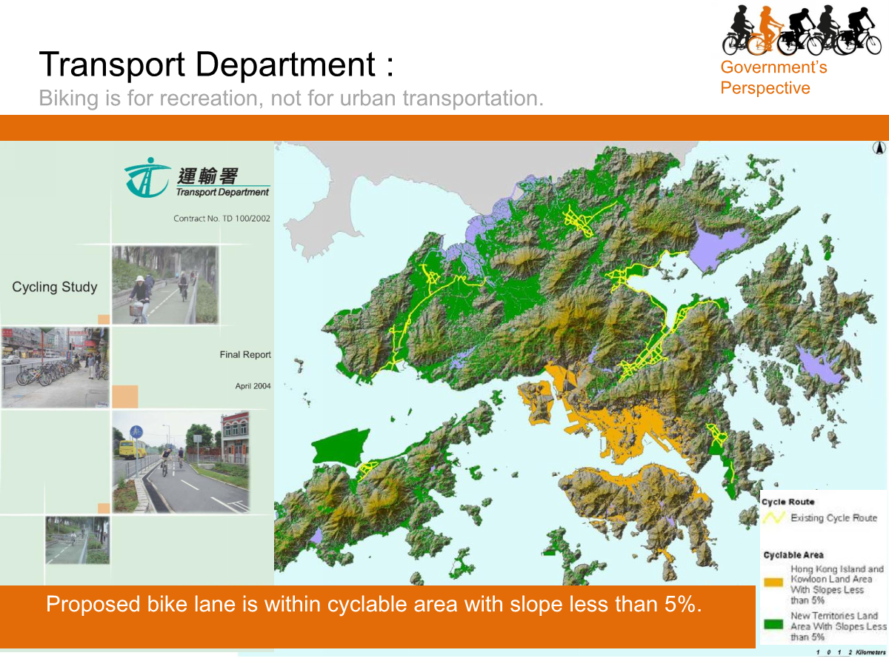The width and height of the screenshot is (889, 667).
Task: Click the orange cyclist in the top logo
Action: tap(766, 30)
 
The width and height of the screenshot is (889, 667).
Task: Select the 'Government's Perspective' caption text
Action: tap(773, 78)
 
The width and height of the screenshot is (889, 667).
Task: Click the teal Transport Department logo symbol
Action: tap(146, 178)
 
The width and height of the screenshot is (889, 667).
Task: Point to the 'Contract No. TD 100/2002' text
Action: tap(222, 219)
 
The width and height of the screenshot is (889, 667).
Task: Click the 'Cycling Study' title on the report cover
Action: tap(55, 287)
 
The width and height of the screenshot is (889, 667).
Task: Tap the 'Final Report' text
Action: tap(245, 355)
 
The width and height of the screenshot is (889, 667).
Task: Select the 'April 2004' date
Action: tap(253, 386)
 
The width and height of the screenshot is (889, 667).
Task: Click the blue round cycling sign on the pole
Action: tap(136, 431)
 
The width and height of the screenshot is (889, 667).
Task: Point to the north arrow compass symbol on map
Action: tap(879, 147)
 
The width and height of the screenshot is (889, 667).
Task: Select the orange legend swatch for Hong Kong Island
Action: tap(774, 583)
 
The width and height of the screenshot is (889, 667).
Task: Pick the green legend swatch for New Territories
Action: tap(774, 624)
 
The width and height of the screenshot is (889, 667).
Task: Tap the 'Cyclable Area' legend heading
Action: tap(793, 555)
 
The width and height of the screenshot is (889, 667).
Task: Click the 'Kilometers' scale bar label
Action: tap(870, 652)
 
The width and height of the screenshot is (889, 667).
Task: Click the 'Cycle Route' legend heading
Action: tap(788, 502)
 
